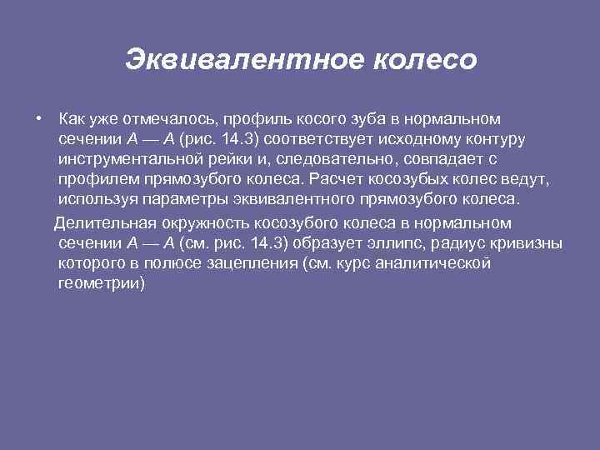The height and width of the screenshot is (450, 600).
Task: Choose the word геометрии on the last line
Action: point(102,285)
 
